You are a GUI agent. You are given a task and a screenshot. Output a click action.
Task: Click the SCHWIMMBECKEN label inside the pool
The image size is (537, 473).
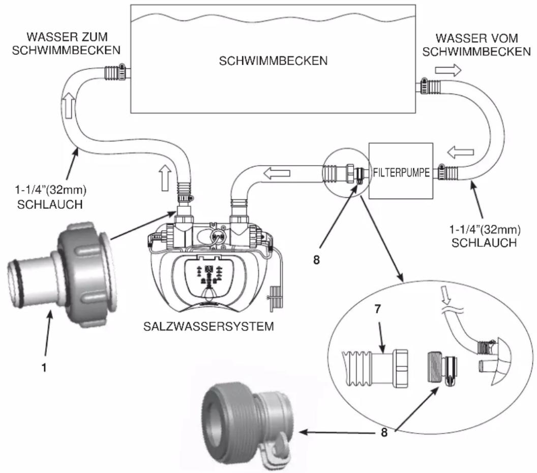pos(273,61)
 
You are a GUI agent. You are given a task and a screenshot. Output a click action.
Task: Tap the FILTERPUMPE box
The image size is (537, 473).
pos(401,171)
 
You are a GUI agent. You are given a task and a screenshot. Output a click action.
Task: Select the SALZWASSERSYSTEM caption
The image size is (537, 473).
pos(208,326)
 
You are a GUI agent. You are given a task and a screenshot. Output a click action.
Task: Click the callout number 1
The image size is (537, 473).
pos(44,368)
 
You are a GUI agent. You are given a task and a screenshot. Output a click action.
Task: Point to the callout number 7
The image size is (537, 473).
pos(377,309)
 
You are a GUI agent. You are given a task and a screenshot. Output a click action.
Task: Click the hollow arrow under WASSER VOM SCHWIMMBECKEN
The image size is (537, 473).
pos(448,70)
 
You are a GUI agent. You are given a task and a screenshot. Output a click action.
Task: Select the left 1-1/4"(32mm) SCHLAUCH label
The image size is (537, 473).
pos(50,197)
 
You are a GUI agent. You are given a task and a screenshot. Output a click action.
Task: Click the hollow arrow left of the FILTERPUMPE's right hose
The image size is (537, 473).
pos(461,152)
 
